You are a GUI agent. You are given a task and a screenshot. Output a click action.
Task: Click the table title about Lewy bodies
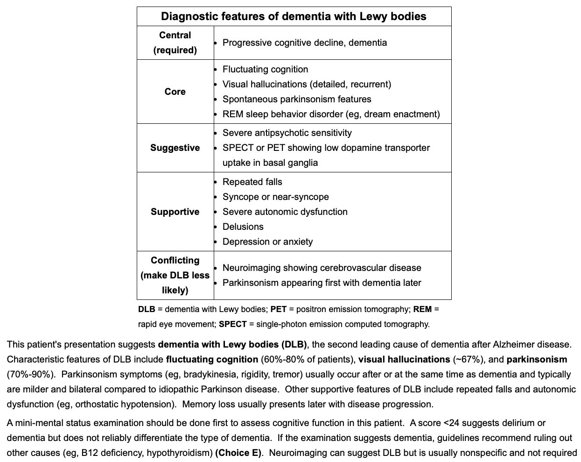click(294, 16)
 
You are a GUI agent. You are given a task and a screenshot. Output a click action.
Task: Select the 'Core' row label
click(175, 92)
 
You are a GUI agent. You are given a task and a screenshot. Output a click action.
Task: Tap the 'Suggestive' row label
click(175, 148)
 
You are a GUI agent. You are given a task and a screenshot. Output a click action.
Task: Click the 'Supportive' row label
click(175, 212)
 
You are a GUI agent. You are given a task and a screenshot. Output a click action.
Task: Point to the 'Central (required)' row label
click(175, 43)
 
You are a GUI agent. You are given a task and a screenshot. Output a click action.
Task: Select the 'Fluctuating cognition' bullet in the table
click(265, 69)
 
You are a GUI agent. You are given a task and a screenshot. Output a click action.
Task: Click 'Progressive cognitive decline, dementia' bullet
click(304, 43)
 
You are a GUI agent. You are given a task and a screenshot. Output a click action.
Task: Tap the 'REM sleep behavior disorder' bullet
click(331, 114)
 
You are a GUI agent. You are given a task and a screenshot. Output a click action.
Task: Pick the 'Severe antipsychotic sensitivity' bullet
click(287, 133)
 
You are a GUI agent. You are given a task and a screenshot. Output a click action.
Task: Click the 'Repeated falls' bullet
click(252, 182)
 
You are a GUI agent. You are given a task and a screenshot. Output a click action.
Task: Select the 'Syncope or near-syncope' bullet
click(275, 197)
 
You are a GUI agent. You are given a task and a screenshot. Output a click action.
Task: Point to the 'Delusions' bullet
click(243, 227)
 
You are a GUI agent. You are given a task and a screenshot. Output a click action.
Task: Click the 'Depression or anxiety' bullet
click(267, 242)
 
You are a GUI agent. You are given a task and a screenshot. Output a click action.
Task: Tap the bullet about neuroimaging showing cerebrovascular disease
click(322, 268)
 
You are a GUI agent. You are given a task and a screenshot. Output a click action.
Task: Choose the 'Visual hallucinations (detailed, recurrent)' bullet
click(307, 84)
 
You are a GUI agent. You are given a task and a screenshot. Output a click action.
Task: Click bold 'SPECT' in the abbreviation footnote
click(232, 324)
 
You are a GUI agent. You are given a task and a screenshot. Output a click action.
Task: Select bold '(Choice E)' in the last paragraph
click(239, 453)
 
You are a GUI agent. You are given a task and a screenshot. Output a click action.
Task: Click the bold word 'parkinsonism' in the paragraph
click(537, 359)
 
